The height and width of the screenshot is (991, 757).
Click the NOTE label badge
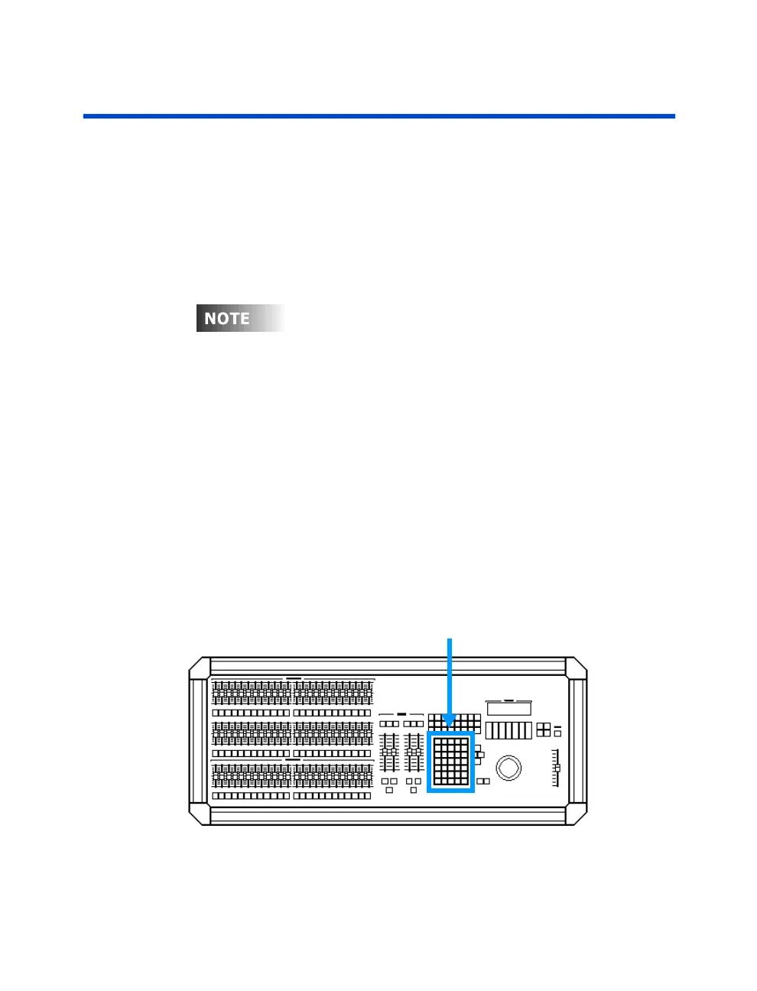240,318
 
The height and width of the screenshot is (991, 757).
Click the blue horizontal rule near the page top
378,116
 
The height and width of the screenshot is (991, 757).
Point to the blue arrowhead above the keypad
449,720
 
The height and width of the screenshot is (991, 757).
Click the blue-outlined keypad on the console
451,762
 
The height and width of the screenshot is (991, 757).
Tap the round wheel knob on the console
508,767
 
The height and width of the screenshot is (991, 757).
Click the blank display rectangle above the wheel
508,708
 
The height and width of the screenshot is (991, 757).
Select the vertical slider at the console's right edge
557,768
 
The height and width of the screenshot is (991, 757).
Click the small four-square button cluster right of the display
543,729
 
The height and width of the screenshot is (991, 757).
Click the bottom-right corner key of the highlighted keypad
464,781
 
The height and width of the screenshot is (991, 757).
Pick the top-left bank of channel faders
251,691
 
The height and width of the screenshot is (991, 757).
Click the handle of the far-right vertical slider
557,767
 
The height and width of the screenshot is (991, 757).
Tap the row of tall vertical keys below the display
508,729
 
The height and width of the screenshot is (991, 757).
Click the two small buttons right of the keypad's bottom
483,781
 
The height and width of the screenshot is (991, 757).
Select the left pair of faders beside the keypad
390,752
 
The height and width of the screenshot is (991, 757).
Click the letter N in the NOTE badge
211,318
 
